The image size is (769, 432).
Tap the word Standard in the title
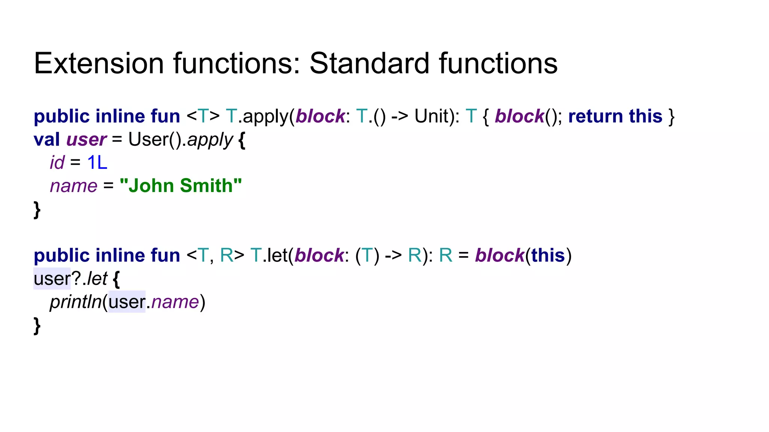coord(369,63)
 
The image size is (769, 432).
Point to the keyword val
coord(47,139)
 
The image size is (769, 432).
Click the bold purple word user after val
coord(86,139)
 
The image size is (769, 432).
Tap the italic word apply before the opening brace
coord(210,140)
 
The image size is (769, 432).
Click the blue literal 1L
coord(97,163)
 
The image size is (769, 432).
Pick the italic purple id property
coord(57,163)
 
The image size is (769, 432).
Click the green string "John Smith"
coord(181,186)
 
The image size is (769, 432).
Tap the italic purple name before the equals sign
coord(74,186)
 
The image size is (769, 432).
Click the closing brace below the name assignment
coord(37,209)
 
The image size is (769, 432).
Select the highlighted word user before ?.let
coord(52,279)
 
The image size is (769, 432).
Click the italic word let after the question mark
coord(97,279)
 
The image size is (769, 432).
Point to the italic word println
coord(75,302)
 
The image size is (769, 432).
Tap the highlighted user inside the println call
coord(127,302)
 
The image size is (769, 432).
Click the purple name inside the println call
coord(175,302)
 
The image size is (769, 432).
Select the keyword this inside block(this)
coord(548,256)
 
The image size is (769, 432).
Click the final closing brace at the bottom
coord(37,325)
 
